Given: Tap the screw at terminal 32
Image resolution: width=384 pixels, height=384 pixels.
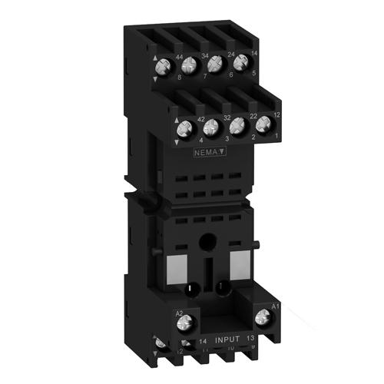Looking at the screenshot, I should tap(213, 127).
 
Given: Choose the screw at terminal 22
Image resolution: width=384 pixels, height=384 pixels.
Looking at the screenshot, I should tap(240, 124).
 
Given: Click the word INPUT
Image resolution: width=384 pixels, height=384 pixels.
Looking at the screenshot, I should tap(229, 338).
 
